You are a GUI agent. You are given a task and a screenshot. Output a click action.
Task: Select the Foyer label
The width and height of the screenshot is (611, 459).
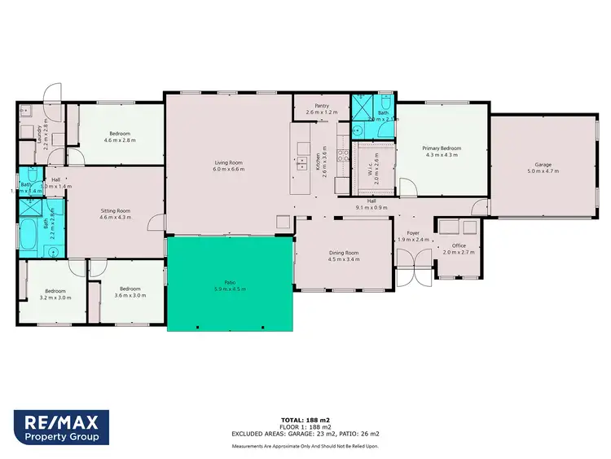(x=413, y=236)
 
